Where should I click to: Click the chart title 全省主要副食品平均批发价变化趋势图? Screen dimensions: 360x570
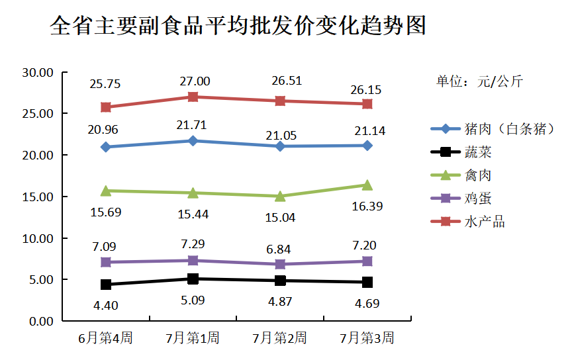click(238, 26)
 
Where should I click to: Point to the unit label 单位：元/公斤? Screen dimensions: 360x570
click(479, 81)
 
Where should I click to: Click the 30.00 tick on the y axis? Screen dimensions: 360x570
click(36, 72)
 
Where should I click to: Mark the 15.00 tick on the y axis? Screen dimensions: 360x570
click(36, 197)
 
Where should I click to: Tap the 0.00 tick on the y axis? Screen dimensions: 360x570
click(39, 321)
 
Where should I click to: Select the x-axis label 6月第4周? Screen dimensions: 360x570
click(105, 338)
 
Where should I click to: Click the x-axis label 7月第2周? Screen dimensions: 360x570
click(279, 338)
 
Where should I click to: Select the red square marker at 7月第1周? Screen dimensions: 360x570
click(193, 97)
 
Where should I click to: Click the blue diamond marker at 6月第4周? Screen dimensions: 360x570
click(106, 147)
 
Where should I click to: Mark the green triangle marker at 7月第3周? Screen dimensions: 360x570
click(367, 185)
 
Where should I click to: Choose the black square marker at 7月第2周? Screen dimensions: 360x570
click(280, 281)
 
